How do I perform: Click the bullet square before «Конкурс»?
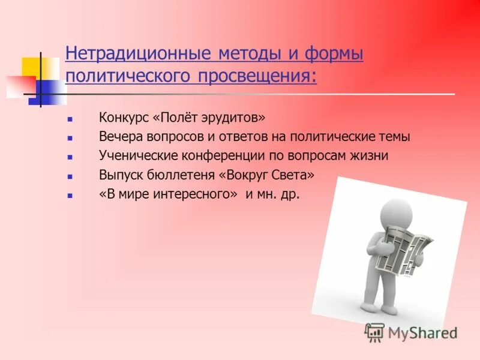coord(70,119)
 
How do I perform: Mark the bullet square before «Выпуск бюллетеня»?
coord(70,178)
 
